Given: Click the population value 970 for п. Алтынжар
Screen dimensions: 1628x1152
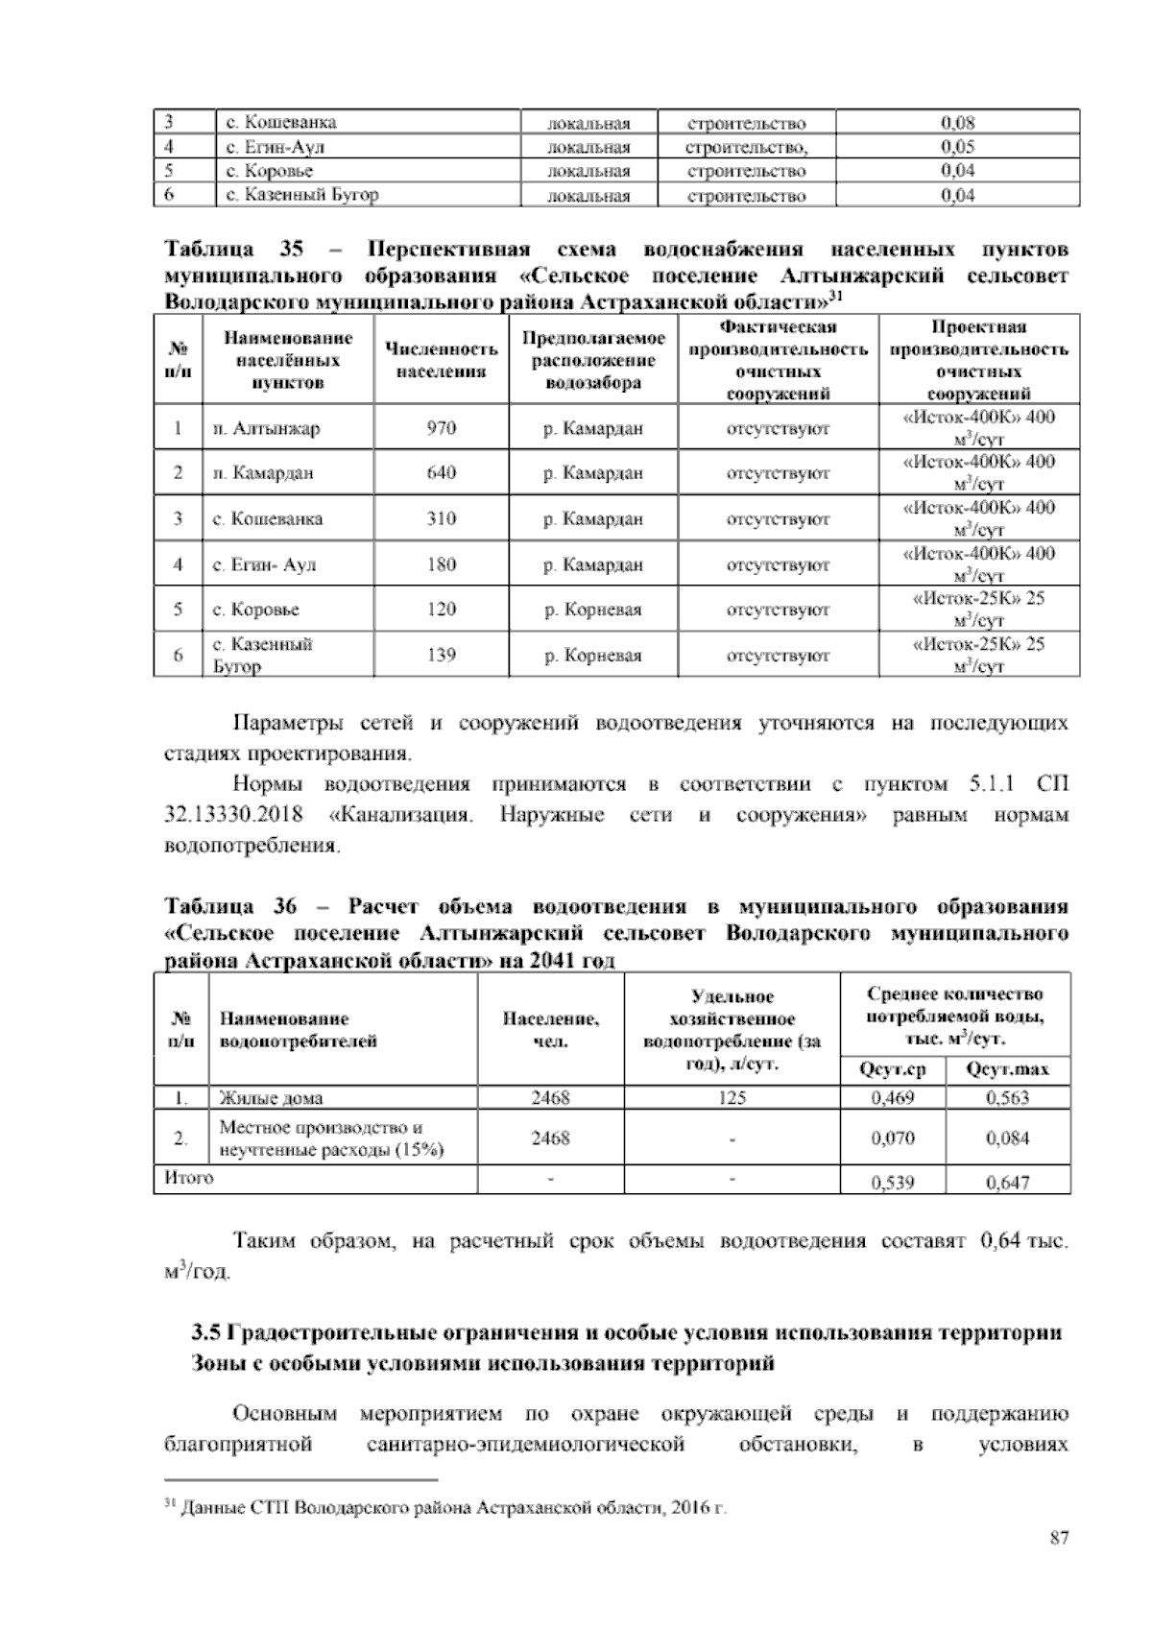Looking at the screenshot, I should click(441, 428).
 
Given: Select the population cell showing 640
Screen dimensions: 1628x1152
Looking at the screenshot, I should click(441, 473).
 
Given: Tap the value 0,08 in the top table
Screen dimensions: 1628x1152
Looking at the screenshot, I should click(957, 123).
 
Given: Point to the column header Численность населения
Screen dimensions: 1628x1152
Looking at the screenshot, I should click(441, 360).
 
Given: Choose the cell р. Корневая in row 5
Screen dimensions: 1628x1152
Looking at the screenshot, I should click(592, 610).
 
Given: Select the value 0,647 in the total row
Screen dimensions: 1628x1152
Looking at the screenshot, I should click(1007, 1183).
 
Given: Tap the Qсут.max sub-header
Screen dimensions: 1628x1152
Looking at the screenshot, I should click(1007, 1069).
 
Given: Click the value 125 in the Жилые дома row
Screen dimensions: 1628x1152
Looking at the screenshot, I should click(732, 1098).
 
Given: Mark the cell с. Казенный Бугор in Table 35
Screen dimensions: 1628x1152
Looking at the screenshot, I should click(262, 655).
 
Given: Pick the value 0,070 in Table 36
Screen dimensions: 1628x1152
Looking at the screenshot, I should click(892, 1138).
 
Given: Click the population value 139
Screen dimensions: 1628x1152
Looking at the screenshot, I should click(441, 656).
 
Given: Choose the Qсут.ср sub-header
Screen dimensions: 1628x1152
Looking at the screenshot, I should click(892, 1069).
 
